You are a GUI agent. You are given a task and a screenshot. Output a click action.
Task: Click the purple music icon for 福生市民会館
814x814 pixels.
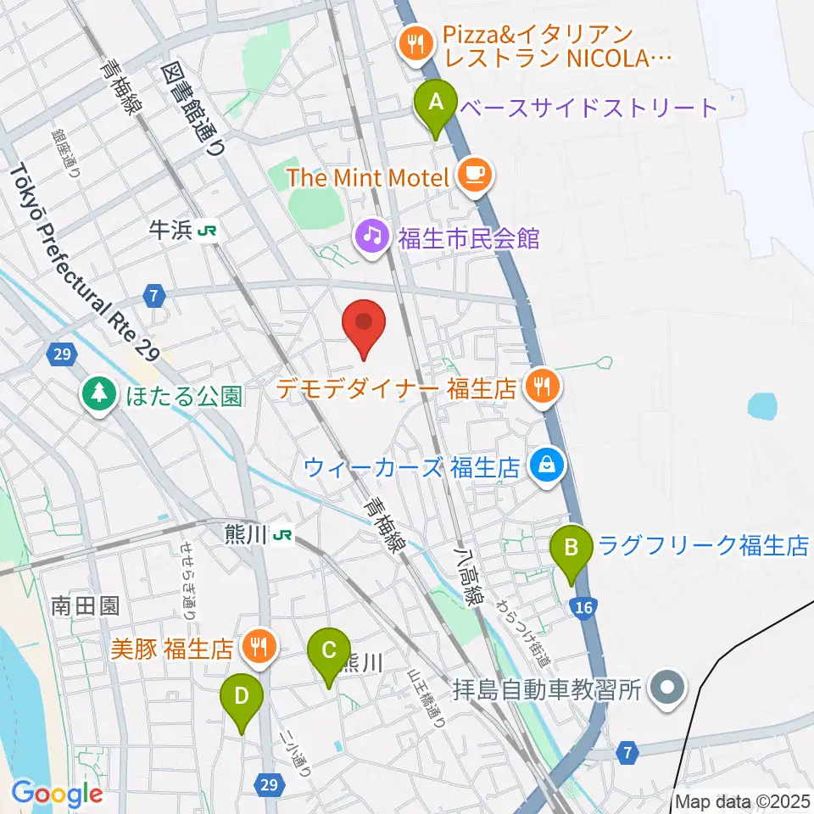click(372, 235)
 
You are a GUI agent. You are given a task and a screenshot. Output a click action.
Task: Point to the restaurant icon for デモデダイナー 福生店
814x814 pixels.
click(542, 387)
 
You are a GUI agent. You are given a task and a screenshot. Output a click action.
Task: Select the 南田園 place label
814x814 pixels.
click(85, 606)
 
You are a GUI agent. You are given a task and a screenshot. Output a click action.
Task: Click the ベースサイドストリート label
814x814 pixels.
click(588, 108)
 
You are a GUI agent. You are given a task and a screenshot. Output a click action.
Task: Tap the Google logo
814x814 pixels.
click(58, 794)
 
